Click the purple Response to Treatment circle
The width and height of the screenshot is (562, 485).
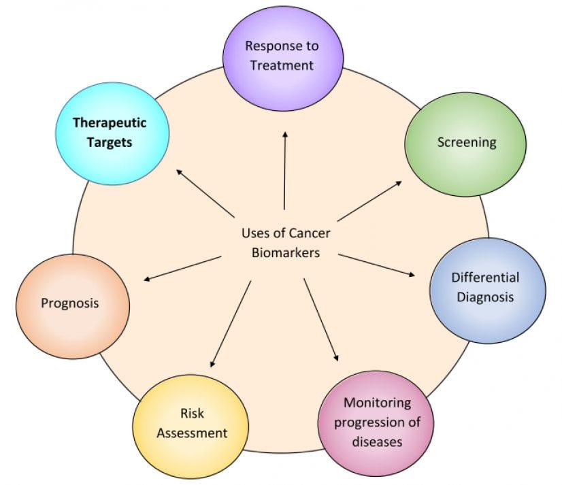pyautogui.click(x=281, y=55)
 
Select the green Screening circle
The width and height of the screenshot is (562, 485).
pyautogui.click(x=465, y=142)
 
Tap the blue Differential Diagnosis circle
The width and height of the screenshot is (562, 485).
pyautogui.click(x=487, y=288)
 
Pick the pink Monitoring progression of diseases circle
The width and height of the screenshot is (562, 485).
pyautogui.click(x=377, y=422)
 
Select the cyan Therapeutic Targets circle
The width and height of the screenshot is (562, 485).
pyautogui.click(x=110, y=133)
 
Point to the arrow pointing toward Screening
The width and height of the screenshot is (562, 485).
pyautogui.click(x=369, y=201)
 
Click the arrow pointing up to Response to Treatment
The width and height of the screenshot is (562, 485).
pyautogui.click(x=284, y=170)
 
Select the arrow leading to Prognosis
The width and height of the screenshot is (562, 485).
pyautogui.click(x=182, y=267)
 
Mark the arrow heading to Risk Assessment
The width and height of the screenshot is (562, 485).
pyautogui.click(x=231, y=324)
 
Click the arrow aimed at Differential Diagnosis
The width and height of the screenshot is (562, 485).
pyautogui.click(x=376, y=265)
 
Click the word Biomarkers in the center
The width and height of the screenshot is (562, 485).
pyautogui.click(x=285, y=251)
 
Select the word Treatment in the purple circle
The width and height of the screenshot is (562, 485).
pyautogui.click(x=282, y=65)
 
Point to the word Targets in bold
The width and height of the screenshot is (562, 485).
pyautogui.click(x=110, y=143)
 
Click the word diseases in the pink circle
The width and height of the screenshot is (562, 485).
pyautogui.click(x=378, y=441)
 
